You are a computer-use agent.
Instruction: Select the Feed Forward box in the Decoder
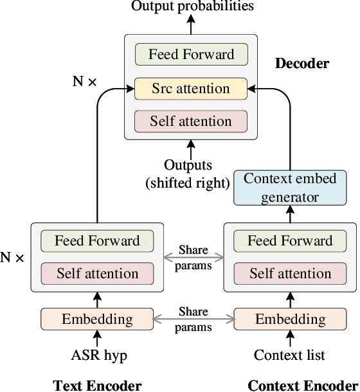tap(191, 54)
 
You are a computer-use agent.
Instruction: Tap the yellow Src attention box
tap(191, 88)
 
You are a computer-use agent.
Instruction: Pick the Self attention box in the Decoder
tap(191, 121)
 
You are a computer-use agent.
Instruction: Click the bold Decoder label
tap(301, 63)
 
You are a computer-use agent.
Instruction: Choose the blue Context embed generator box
tap(290, 188)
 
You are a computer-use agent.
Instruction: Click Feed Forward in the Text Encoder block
tap(97, 241)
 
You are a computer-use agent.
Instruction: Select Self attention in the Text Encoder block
tap(97, 274)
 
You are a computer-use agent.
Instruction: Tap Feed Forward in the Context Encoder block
tap(290, 241)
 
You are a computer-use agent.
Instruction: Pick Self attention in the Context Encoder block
tap(290, 274)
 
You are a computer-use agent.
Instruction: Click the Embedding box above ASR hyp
tap(97, 319)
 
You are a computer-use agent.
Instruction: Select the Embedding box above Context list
tap(290, 319)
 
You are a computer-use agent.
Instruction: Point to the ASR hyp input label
tap(97, 354)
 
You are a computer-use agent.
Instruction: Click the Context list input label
tap(290, 354)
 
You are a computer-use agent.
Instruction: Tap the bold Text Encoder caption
tap(97, 385)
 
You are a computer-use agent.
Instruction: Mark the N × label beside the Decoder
tap(84, 82)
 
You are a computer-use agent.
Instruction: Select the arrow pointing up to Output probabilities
tap(191, 24)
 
